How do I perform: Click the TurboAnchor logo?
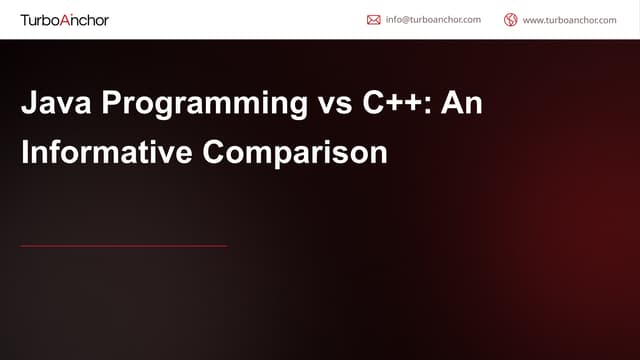pyautogui.click(x=65, y=19)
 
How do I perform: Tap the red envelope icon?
pyautogui.click(x=373, y=19)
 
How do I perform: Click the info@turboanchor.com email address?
pyautogui.click(x=433, y=19)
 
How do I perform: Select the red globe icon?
pyautogui.click(x=511, y=19)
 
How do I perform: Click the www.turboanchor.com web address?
pyautogui.click(x=569, y=19)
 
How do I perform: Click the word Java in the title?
pyautogui.click(x=51, y=105)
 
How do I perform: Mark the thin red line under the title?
pyautogui.click(x=124, y=245)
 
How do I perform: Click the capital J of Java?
pyautogui.click(x=29, y=105)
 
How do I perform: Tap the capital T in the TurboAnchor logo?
pyautogui.click(x=25, y=19)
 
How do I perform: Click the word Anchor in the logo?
pyautogui.click(x=87, y=19)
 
